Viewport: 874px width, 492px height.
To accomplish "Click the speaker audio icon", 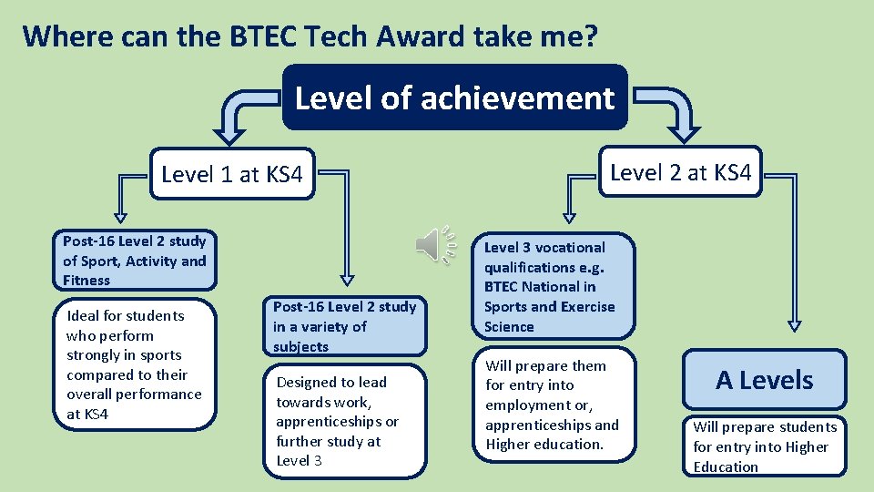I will (x=433, y=245).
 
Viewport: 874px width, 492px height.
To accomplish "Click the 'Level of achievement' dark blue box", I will (x=454, y=97).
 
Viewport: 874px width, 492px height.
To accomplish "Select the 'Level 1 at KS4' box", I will (x=231, y=174).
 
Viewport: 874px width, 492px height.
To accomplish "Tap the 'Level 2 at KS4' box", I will (x=681, y=171).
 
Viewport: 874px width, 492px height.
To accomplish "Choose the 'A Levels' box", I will (x=764, y=380).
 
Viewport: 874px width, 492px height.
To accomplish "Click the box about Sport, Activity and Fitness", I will (x=135, y=261).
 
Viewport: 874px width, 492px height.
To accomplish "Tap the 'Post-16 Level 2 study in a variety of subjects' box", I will (x=345, y=326).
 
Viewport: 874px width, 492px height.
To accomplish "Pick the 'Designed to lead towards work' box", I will (x=345, y=421).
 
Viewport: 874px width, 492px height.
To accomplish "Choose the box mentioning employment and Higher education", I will (x=553, y=405).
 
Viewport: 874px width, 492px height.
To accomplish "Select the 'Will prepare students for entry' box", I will (x=764, y=446).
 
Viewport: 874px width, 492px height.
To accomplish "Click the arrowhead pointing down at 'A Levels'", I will (x=793, y=322).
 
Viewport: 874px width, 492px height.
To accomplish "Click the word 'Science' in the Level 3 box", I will (x=509, y=326).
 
